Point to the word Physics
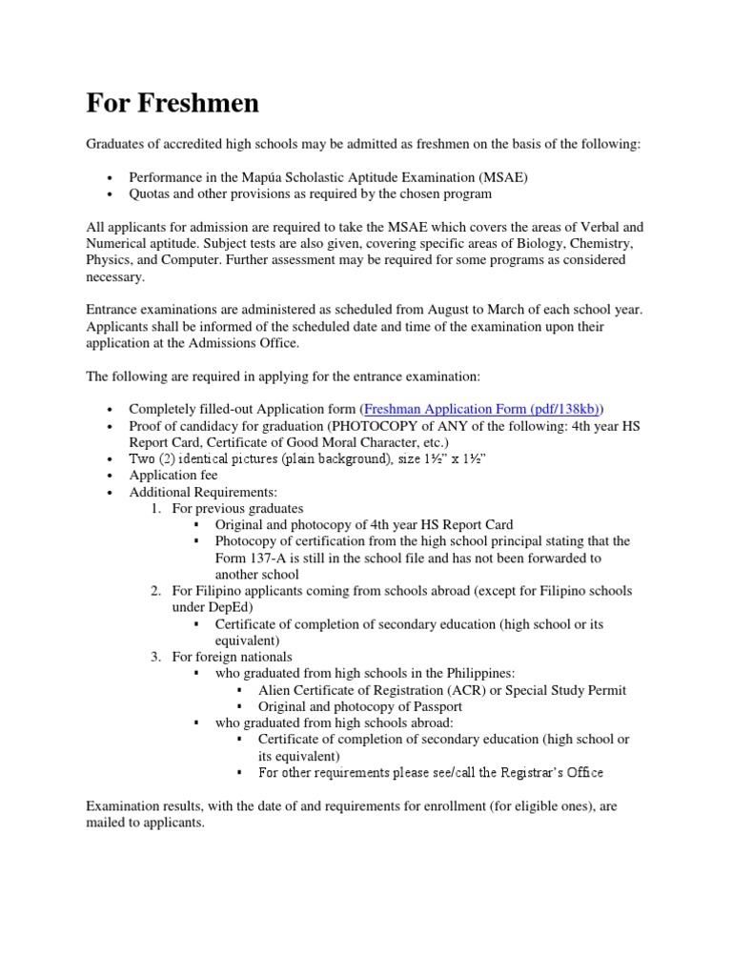[x=108, y=259]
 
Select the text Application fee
[x=173, y=475]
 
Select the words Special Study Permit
[x=565, y=690]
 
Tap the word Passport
[x=436, y=706]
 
